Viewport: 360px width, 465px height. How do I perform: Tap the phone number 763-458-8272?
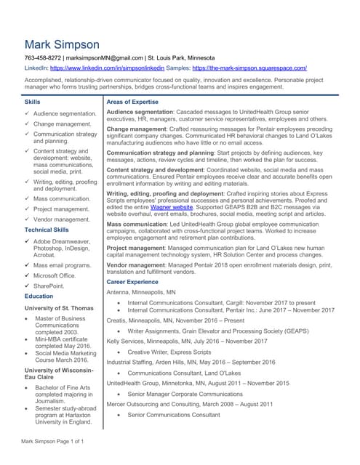coord(42,57)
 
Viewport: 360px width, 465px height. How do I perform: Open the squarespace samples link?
coord(249,68)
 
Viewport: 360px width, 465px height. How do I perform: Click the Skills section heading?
coord(33,102)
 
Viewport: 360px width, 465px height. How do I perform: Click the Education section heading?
coord(39,296)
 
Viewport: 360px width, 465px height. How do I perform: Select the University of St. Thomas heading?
coord(59,309)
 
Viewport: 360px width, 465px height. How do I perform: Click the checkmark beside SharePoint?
coord(28,286)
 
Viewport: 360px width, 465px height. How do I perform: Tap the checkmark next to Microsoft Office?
coord(28,275)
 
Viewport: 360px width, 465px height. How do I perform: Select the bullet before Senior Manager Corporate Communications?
coord(119,393)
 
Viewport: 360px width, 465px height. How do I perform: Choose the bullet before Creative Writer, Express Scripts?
coord(119,352)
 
